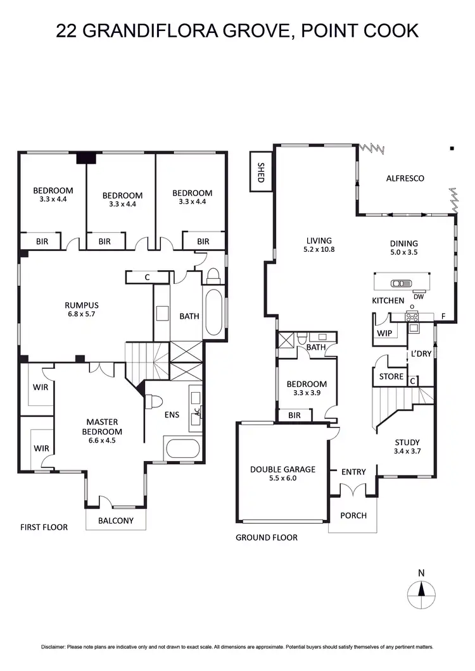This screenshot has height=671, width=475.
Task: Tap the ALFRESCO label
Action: coord(405,178)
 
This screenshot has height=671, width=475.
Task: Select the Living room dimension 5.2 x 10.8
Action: coord(319,250)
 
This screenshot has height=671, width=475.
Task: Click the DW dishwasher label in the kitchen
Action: coord(418,296)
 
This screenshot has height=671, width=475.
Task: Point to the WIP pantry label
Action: coord(384,333)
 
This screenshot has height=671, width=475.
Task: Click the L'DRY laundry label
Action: coord(421,354)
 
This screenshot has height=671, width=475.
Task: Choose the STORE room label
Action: coord(391,376)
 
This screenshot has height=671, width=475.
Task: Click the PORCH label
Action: coord(353,515)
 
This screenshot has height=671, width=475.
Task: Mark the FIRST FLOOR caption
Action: coord(44,527)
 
